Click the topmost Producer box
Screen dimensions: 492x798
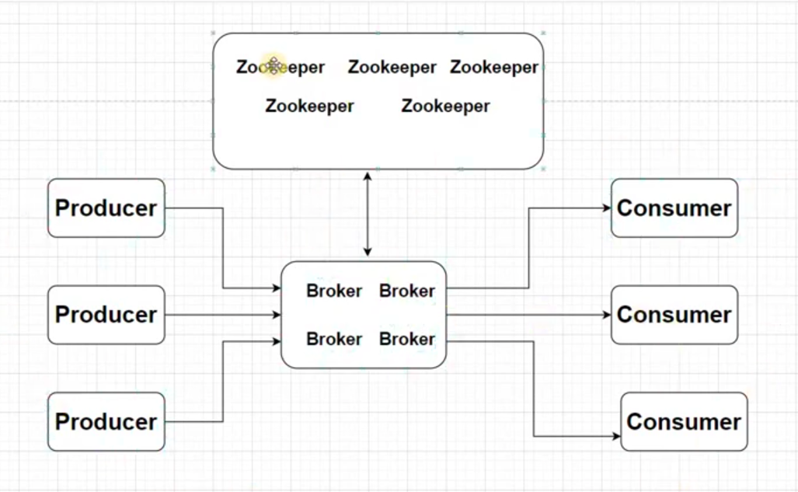coord(106,208)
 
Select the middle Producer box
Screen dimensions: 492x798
coord(106,315)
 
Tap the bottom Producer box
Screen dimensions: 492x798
coord(106,421)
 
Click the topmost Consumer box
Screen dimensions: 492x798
coord(674,208)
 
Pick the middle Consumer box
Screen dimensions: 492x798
coord(674,315)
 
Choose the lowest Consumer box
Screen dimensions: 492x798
coord(684,421)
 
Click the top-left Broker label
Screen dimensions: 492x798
coord(334,291)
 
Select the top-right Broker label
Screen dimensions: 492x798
coord(407,291)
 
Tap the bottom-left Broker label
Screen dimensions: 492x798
coord(334,340)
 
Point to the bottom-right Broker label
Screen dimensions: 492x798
coord(407,340)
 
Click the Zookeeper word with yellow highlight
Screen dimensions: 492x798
coord(281,68)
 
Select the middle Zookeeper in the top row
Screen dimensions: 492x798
coord(392,68)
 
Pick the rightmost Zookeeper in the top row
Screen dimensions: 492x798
coord(494,68)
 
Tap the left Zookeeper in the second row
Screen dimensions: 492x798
coord(309,106)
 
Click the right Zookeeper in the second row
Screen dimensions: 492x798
coord(445,106)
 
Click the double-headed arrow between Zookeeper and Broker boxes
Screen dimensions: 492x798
coord(368,215)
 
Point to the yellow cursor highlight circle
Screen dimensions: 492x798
coord(273,66)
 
